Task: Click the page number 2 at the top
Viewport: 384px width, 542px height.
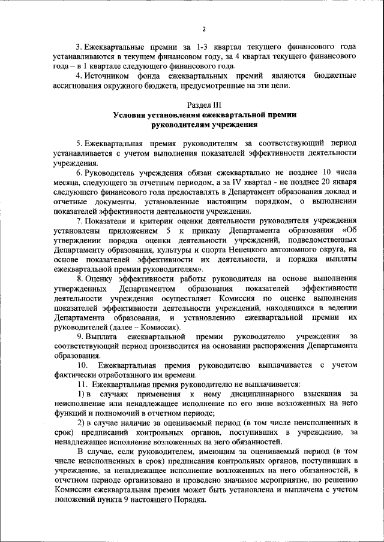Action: [x=204, y=29]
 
